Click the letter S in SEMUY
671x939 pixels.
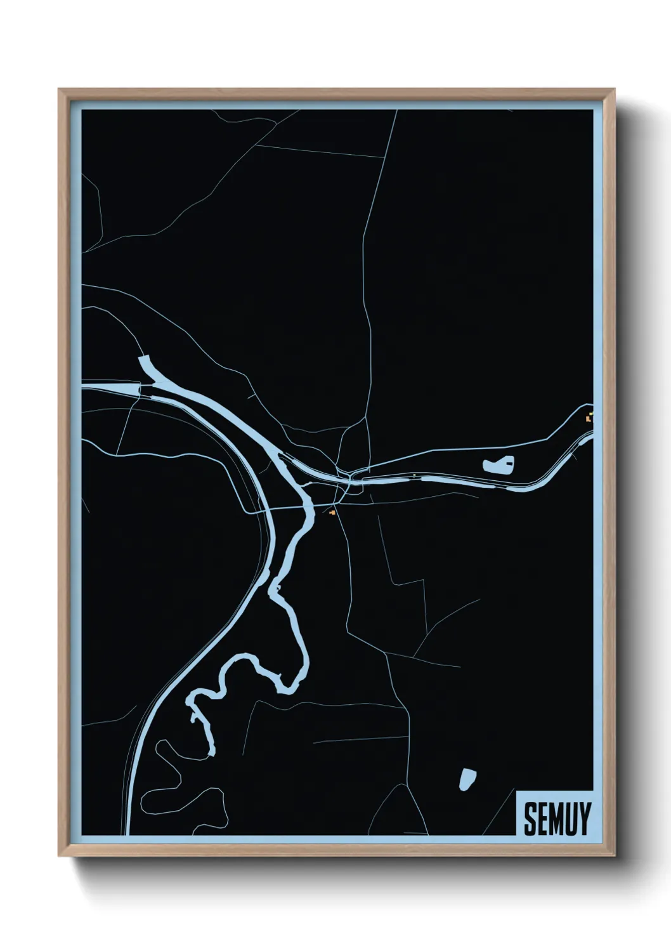pos(530,819)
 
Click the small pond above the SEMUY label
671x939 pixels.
pos(467,778)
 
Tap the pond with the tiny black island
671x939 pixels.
pos(497,465)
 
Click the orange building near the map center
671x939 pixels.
pos(332,511)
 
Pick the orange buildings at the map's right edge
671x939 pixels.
pos(590,417)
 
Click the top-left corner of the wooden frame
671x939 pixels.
pos(60,91)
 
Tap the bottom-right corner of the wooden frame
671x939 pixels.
pos(615,857)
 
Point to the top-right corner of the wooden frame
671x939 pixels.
pos(615,91)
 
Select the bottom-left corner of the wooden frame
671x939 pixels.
pos(60,857)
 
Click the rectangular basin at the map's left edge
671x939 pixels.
pos(111,388)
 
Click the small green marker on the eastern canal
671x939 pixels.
pos(414,475)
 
